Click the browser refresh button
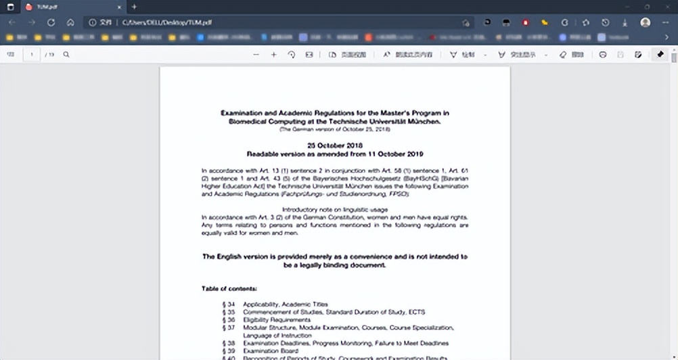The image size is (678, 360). (x=51, y=22)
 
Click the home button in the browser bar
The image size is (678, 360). (x=70, y=22)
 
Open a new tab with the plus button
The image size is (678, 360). (x=134, y=7)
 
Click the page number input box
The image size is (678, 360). (x=31, y=54)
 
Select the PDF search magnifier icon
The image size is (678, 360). (x=66, y=54)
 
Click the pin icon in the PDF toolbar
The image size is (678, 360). (x=660, y=54)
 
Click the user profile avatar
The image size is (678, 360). (x=646, y=22)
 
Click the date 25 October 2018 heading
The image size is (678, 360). (x=335, y=145)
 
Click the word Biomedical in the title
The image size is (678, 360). (x=244, y=122)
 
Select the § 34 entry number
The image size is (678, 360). (x=229, y=305)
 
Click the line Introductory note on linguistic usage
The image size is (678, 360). (x=334, y=209)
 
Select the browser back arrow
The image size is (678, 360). (x=12, y=22)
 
